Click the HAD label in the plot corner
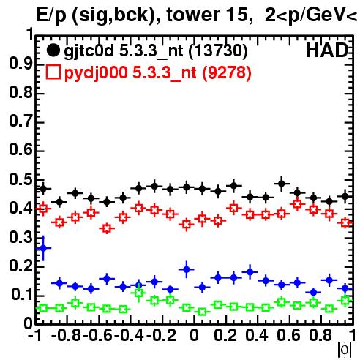(x=327, y=50)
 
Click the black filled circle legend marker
(x=53, y=50)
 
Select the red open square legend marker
(x=53, y=72)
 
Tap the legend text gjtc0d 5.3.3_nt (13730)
(x=156, y=51)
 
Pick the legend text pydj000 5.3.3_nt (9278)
(x=158, y=72)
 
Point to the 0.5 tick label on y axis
(x=20, y=180)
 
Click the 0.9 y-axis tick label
(x=20, y=64)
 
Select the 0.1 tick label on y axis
(x=22, y=294)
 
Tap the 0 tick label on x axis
(x=194, y=335)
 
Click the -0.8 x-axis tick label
(x=67, y=335)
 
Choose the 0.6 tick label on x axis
(x=288, y=335)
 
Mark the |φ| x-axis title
(x=345, y=350)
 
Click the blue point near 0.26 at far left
(x=43, y=248)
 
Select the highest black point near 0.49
(x=282, y=183)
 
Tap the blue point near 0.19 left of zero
(x=187, y=269)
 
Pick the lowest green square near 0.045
(x=202, y=312)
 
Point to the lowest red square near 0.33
(x=107, y=228)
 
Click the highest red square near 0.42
(x=297, y=204)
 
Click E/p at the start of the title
(x=51, y=15)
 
